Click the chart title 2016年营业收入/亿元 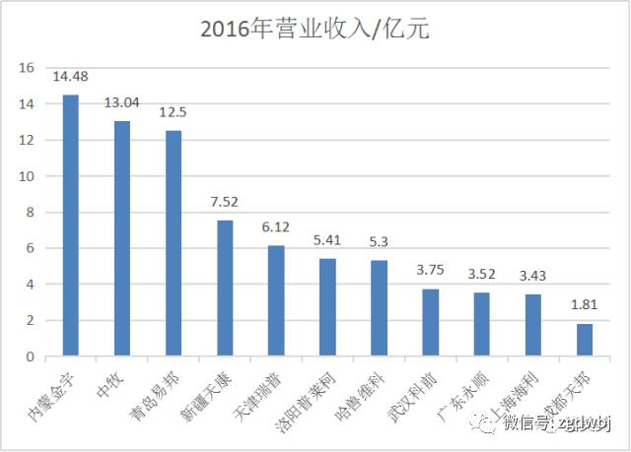pos(315,30)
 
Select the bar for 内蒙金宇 pos(71,226)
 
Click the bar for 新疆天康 pos(225,288)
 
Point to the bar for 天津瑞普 pos(276,300)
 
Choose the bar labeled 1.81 pos(585,340)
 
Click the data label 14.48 pos(71,77)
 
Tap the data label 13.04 pos(122,102)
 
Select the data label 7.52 pos(225,202)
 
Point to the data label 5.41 pos(327,239)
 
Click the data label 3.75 pos(430,270)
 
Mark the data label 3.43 pos(533,276)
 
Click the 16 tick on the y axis pos(26,68)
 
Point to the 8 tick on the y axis pos(30,212)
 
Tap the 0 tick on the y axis pos(30,355)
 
